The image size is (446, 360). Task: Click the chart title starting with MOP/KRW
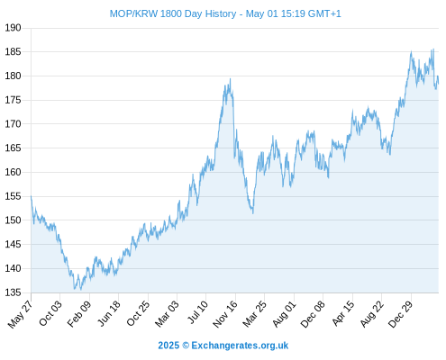coord(225,13)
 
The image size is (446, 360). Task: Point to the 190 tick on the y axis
coord(13,28)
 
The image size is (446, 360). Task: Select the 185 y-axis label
coord(13,52)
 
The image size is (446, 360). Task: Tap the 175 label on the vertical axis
coord(13,100)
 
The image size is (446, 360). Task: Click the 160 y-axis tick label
coord(13,172)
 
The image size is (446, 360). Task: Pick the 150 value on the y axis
coord(13,220)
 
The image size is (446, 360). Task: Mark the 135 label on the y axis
coord(13,292)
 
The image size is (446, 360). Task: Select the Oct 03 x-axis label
coord(50,313)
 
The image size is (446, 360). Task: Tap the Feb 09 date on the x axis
coord(78,314)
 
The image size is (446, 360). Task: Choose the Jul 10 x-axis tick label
coord(197,312)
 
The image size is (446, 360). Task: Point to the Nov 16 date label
coord(224,314)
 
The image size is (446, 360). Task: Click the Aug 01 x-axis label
coord(284,314)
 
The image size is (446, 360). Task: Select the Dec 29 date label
coord(400,314)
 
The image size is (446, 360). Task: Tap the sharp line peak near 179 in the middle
coord(231,79)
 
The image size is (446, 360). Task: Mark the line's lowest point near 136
coord(80,290)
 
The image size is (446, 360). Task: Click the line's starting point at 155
coord(31,196)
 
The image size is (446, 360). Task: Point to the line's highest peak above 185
coord(433,49)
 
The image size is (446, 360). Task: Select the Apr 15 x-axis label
coord(343,313)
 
